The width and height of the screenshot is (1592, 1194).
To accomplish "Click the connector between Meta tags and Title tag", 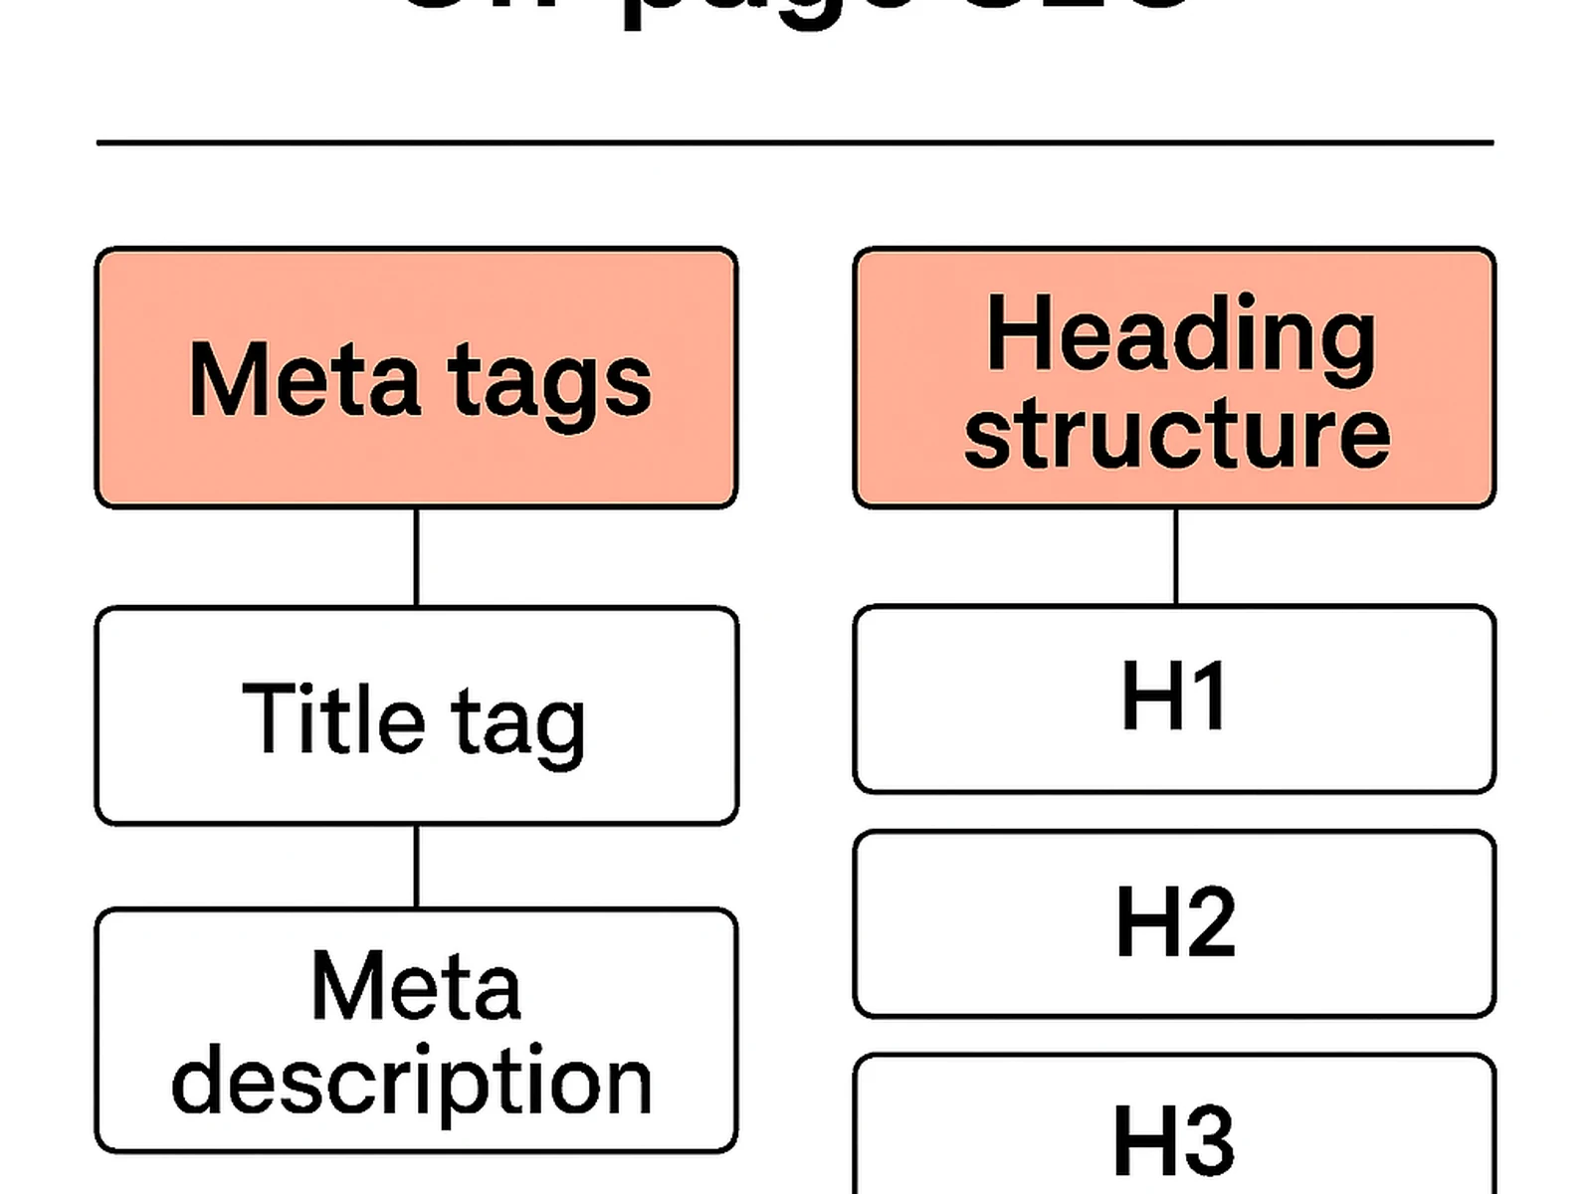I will [416, 557].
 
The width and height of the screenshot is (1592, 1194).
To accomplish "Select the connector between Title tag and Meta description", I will [416, 866].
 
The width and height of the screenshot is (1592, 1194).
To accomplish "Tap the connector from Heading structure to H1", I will [1176, 557].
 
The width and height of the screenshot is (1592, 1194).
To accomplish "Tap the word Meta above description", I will [416, 987].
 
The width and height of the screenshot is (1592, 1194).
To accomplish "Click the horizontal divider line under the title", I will [796, 143].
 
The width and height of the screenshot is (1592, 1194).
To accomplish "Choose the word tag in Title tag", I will [517, 724].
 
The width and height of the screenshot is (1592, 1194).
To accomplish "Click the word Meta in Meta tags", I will [303, 380].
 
